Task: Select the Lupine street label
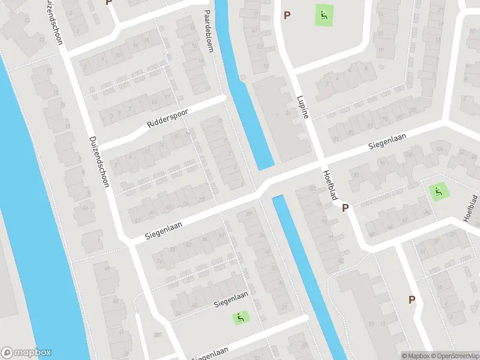(302, 107)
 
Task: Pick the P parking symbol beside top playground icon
(287, 15)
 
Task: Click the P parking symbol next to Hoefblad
(345, 208)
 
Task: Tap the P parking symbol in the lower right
(412, 299)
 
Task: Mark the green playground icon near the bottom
(241, 317)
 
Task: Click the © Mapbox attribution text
(416, 355)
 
